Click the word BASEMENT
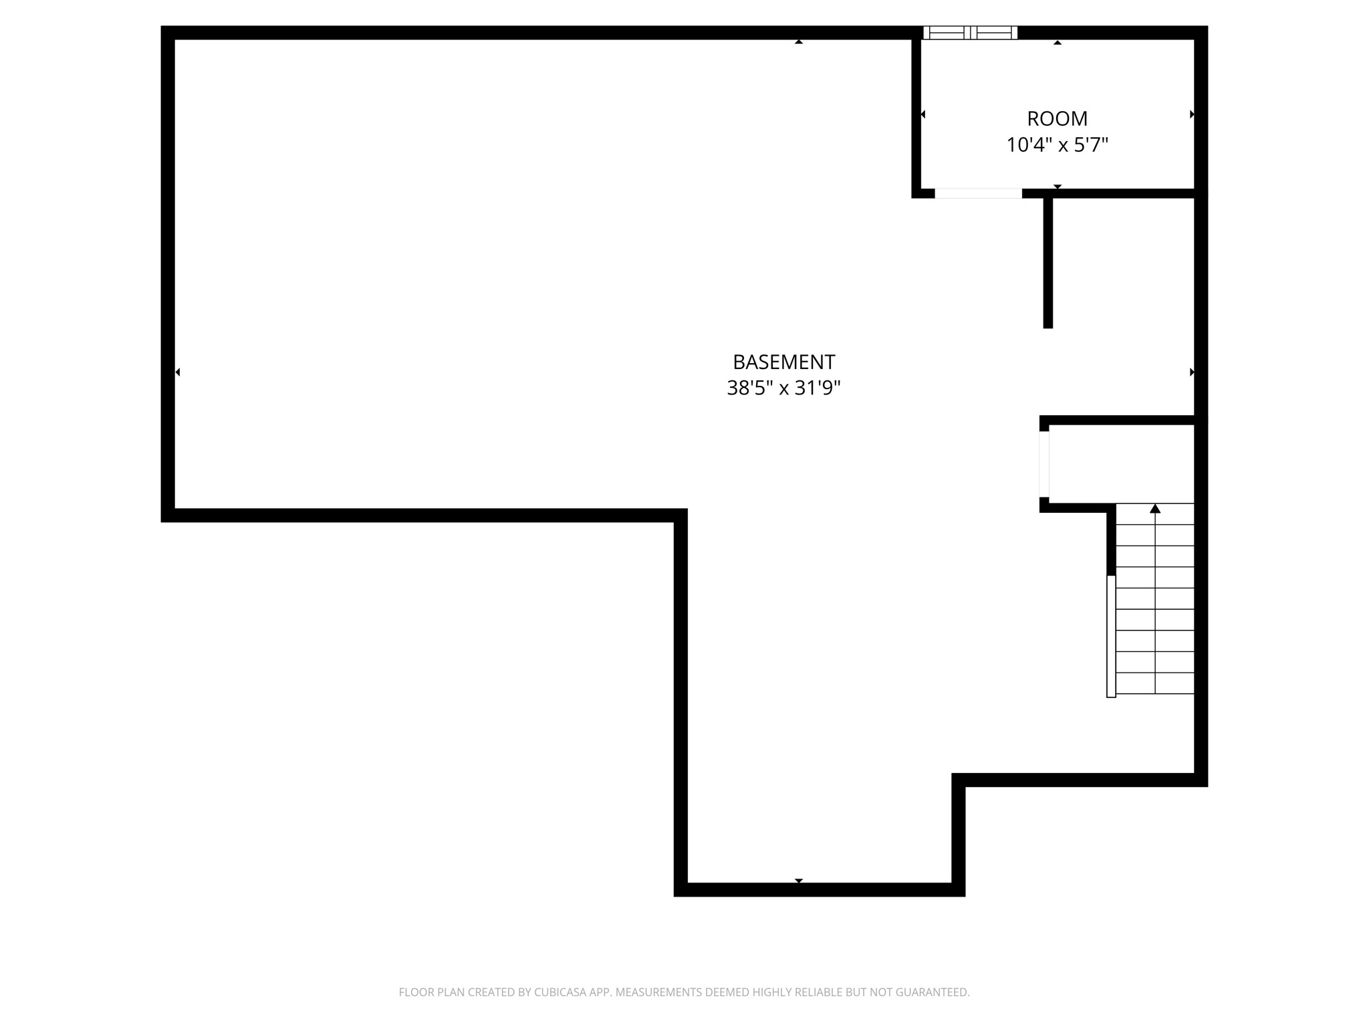point(783,362)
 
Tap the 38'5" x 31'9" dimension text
point(783,388)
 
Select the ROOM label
point(1057,118)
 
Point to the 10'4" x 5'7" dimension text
point(1057,144)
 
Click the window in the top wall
point(970,33)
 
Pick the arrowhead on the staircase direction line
point(1155,509)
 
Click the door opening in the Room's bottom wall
point(978,194)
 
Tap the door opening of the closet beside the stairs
point(1044,464)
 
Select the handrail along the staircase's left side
point(1111,636)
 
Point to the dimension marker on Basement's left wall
point(178,372)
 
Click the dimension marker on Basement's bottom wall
point(799,881)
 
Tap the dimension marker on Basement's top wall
point(799,42)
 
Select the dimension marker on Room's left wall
point(923,114)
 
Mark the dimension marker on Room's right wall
point(1192,114)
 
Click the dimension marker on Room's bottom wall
point(1057,187)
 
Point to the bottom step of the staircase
point(1155,683)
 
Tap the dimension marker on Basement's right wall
point(1192,372)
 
